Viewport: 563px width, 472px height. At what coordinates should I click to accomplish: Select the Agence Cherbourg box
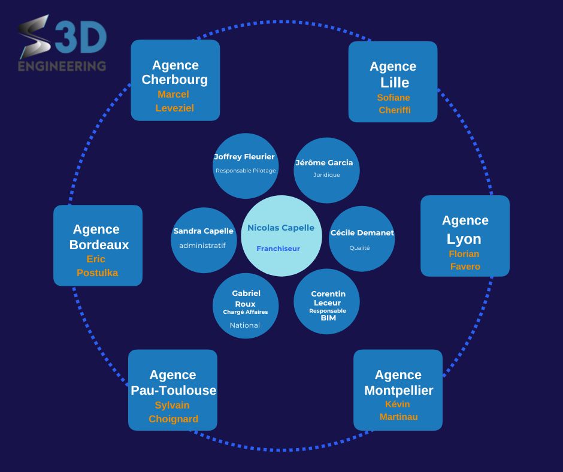point(175,80)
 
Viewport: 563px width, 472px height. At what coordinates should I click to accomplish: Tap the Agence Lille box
point(393,81)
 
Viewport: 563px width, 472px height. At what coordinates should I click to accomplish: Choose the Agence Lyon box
point(465,235)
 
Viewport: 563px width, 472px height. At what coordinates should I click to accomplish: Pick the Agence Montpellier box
point(398,389)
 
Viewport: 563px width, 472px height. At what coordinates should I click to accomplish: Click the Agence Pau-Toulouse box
point(172,389)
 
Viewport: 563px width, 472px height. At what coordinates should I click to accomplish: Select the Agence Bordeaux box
point(98,245)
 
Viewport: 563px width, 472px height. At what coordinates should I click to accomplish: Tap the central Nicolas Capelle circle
point(281,236)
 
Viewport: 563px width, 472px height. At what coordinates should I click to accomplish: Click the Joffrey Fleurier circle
point(245,166)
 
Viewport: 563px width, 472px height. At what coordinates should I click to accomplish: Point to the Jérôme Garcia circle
point(326,170)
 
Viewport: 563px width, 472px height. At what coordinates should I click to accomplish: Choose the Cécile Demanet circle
point(362,238)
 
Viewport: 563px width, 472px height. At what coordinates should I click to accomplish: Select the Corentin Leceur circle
point(326,301)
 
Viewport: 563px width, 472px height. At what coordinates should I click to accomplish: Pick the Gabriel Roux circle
point(246,305)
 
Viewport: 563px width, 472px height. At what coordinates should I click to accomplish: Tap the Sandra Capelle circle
point(203,240)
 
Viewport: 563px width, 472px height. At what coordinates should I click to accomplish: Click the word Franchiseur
point(278,249)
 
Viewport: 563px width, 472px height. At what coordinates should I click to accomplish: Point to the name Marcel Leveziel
point(174,101)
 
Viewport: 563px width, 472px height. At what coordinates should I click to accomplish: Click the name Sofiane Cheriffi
point(394,104)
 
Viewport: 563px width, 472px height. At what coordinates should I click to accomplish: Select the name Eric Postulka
point(96,266)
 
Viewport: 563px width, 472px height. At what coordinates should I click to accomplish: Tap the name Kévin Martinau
point(398,410)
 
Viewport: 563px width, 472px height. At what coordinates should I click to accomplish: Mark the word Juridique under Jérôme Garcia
point(326,175)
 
